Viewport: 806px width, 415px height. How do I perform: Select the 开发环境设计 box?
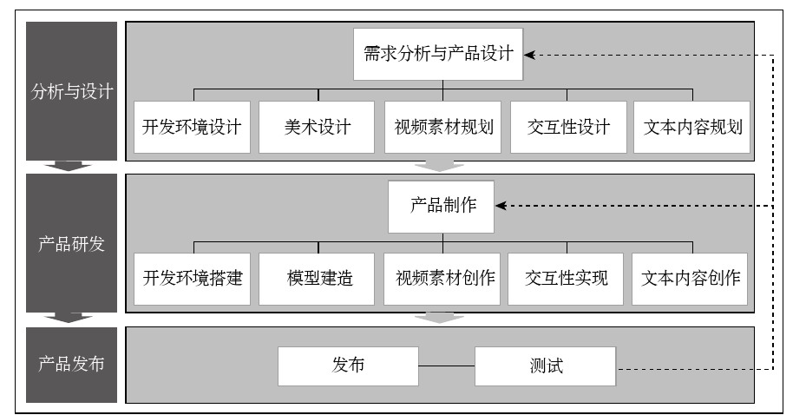click(x=192, y=127)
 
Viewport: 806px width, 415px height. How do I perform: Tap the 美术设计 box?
click(x=317, y=127)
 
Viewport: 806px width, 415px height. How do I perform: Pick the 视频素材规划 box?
click(x=442, y=127)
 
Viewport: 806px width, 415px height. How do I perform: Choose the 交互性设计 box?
click(x=567, y=127)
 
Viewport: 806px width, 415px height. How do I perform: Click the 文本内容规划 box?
click(x=692, y=127)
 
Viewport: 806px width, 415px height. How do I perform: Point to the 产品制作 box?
click(x=441, y=207)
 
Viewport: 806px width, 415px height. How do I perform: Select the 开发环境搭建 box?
click(x=193, y=279)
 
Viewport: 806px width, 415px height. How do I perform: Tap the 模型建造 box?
click(x=318, y=279)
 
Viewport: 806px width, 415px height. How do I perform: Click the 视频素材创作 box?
click(x=442, y=279)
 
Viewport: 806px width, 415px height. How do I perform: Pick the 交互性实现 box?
click(x=566, y=279)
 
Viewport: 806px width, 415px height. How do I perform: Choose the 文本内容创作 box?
click(x=690, y=279)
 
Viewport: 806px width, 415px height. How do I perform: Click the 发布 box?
click(x=348, y=366)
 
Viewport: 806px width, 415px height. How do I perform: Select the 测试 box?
click(x=546, y=366)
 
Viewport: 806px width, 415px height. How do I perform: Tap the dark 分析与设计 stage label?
click(x=72, y=91)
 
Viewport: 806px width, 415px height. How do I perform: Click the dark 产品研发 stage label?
click(x=72, y=244)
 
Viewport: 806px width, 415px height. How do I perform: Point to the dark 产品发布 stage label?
click(x=72, y=364)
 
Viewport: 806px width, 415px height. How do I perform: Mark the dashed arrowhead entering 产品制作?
click(x=501, y=207)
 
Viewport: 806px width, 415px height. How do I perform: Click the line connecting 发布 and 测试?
click(x=447, y=366)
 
